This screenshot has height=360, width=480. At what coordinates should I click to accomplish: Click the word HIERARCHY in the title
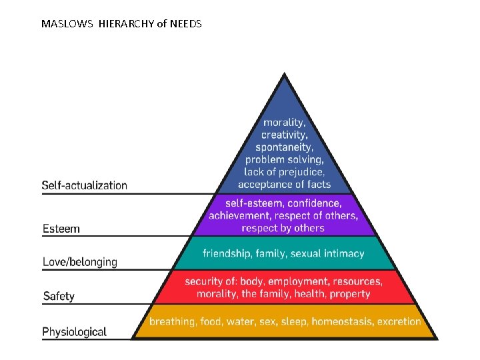(127, 24)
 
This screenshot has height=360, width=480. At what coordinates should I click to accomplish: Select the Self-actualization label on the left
(85, 185)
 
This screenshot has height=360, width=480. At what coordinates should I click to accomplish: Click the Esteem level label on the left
(61, 229)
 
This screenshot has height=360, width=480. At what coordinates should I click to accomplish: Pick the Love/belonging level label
(80, 262)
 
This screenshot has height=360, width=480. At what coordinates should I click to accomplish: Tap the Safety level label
(59, 296)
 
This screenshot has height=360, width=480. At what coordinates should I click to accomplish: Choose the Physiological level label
(75, 331)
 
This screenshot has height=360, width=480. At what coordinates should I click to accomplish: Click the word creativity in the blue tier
(285, 135)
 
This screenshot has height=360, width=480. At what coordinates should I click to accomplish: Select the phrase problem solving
(285, 159)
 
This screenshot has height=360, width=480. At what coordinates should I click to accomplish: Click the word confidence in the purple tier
(314, 203)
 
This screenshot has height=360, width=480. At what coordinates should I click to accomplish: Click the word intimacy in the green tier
(343, 253)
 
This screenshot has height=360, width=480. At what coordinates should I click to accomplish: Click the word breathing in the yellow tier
(172, 321)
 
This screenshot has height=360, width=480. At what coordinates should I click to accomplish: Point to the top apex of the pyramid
(285, 74)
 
